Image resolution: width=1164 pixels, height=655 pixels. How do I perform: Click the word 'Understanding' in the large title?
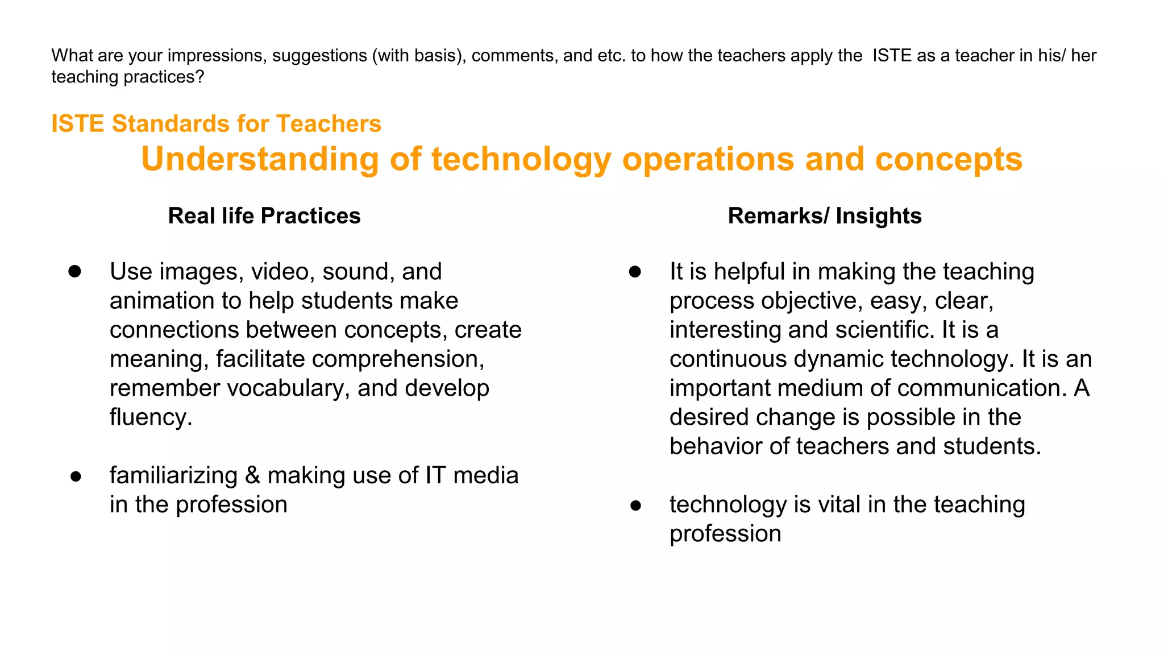(260, 159)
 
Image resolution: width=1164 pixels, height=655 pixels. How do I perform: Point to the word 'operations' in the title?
(708, 159)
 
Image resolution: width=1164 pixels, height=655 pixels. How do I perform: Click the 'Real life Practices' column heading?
(264, 216)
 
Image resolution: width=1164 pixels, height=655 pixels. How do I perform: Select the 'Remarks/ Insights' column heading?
(824, 216)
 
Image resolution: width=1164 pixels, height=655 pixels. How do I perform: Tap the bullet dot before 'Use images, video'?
(75, 272)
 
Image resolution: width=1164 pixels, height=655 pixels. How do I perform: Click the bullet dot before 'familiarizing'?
(76, 476)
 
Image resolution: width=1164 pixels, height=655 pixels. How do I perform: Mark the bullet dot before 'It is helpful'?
(635, 272)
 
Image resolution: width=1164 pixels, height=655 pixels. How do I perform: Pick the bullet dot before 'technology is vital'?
(635, 505)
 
